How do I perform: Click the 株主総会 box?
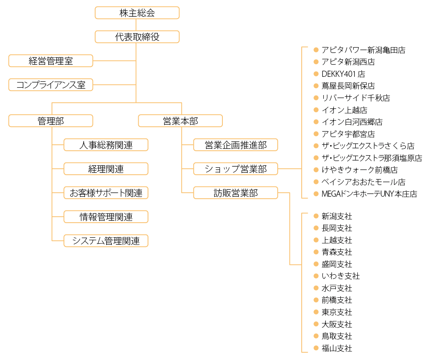[137, 13]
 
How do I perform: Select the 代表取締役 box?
[137, 37]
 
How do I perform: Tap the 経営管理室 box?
[50, 61]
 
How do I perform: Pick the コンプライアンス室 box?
[50, 85]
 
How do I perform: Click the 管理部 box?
[50, 121]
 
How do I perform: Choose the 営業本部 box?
[180, 121]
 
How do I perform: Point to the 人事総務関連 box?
[106, 145]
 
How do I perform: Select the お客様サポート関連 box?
[106, 193]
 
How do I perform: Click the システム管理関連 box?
[106, 241]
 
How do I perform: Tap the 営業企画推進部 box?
[235, 145]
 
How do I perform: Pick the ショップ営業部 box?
[235, 169]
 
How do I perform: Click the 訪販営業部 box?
[235, 193]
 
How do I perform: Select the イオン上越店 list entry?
[344, 110]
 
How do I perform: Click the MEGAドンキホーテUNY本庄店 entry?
[370, 194]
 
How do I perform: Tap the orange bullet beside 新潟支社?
[316, 216]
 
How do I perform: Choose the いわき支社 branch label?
[341, 276]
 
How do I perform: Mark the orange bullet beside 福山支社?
[316, 348]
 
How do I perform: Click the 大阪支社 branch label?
[337, 324]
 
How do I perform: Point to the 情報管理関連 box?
[106, 217]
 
